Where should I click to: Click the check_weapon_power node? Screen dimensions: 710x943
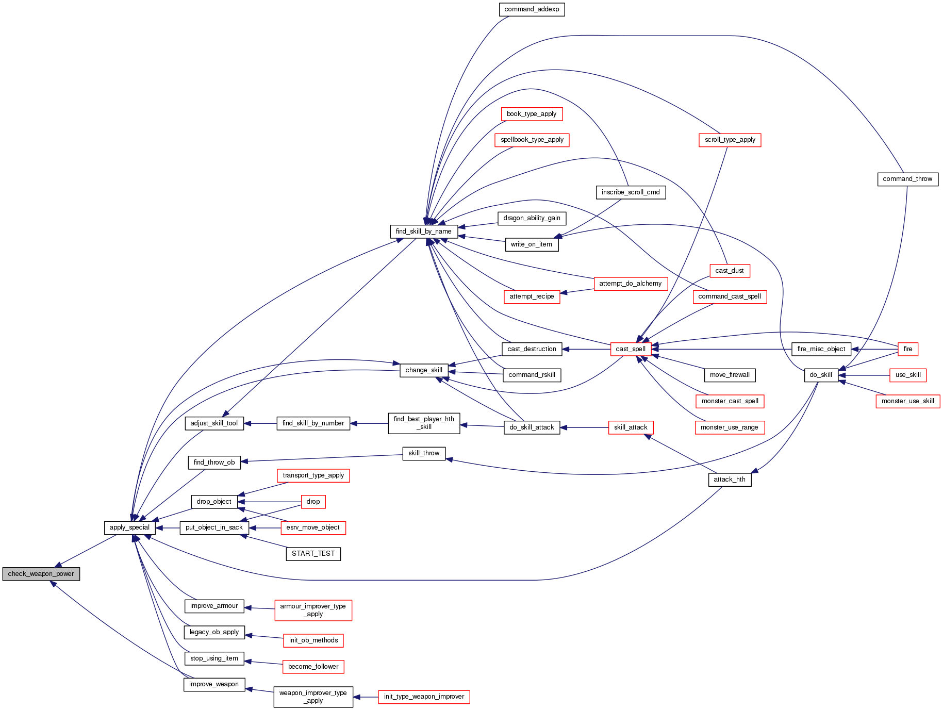41,574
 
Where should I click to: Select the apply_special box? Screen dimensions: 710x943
129,527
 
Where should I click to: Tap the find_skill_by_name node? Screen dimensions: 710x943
424,232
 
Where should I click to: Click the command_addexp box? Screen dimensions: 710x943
532,9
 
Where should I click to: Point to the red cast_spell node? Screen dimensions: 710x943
631,349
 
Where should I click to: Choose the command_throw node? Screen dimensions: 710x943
907,179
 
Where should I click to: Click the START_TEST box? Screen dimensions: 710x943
313,554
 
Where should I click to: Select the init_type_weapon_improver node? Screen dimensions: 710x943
424,697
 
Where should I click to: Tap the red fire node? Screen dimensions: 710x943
908,349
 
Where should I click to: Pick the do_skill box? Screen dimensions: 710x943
821,375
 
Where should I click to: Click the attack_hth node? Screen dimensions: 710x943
730,480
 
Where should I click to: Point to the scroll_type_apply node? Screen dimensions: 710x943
730,140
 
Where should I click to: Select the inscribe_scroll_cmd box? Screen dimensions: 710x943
631,192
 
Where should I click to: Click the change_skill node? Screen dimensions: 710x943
424,370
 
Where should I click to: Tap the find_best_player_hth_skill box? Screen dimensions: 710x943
424,423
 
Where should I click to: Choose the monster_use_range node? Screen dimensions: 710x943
729,427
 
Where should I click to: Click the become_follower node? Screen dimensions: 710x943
313,667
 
